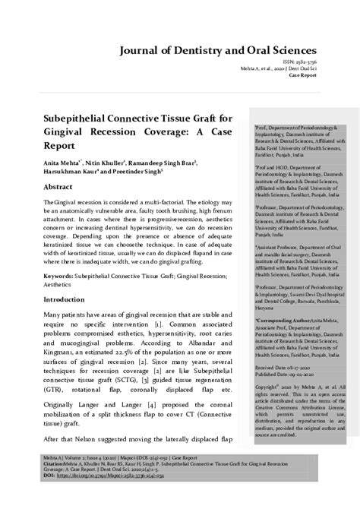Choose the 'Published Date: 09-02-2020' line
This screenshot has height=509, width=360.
pos(285,374)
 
